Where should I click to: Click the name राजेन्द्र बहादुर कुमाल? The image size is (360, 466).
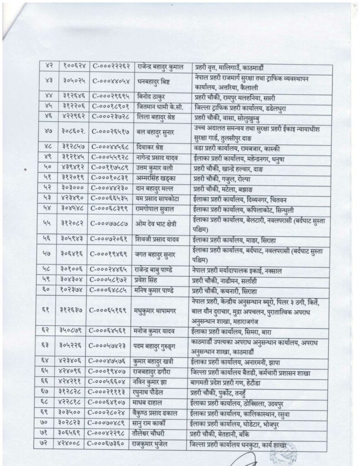(160, 67)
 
